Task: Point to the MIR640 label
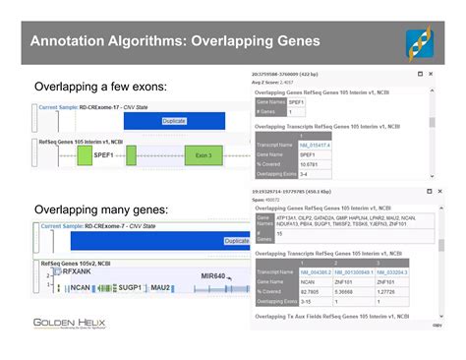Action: tap(213, 276)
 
